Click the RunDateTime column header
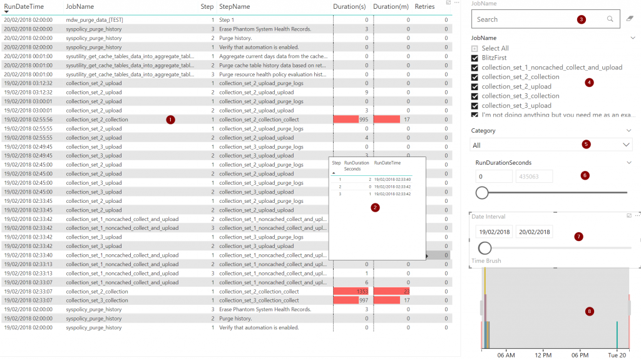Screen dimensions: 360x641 (24, 6)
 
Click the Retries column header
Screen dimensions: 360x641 (424, 6)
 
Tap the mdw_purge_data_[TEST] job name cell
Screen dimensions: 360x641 (95, 20)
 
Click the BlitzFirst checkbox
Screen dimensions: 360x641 (475, 58)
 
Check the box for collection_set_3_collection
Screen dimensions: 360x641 (475, 96)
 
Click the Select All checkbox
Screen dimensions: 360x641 (475, 49)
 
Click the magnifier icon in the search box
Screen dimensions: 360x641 (610, 19)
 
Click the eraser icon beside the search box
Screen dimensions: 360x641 (630, 19)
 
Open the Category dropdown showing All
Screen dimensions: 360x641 (551, 145)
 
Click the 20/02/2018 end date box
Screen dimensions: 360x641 (535, 232)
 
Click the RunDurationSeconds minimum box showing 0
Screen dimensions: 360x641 (493, 177)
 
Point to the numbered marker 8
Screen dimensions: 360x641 (589, 311)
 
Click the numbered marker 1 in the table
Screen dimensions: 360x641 (171, 120)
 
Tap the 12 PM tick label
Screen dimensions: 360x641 (543, 356)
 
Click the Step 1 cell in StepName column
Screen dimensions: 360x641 (226, 20)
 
